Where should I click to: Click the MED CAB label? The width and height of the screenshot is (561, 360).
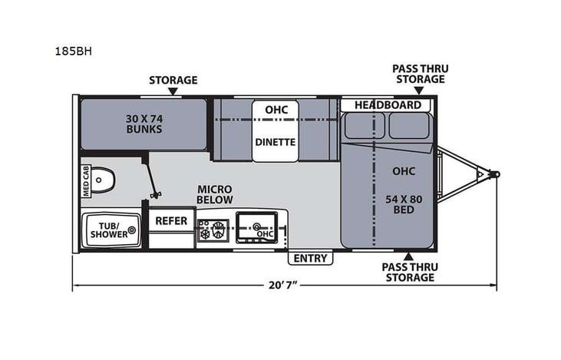coord(86,182)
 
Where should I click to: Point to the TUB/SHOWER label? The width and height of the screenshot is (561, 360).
coord(108,229)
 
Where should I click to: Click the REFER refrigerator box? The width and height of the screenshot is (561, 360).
coord(172,220)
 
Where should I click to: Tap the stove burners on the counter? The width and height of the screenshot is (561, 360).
coord(214,228)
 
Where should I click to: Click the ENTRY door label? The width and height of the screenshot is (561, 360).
coord(311,258)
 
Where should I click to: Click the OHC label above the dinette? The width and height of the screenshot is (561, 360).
coord(276,111)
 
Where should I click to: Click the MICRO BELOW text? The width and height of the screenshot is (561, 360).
coord(214,195)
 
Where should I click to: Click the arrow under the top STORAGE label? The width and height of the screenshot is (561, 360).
coord(173,91)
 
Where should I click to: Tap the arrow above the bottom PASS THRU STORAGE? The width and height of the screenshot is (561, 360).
coord(408,255)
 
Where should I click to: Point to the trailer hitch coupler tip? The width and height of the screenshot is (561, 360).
coord(496,173)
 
